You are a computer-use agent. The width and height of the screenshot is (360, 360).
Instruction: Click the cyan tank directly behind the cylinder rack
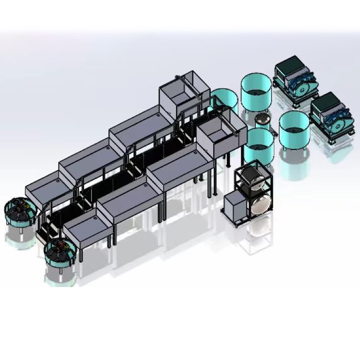tap(259, 146)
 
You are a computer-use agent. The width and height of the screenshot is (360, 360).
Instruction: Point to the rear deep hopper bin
tap(184, 94)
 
